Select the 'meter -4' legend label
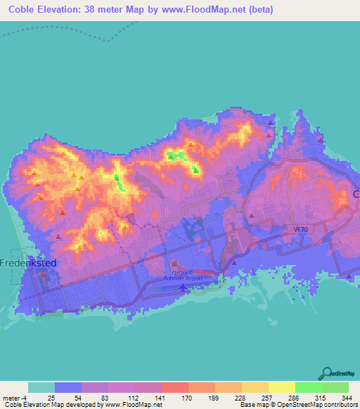tap(15, 398)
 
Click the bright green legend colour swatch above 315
tap(309, 387)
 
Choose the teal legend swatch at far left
tap(41, 387)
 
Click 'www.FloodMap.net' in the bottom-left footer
tap(133, 405)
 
